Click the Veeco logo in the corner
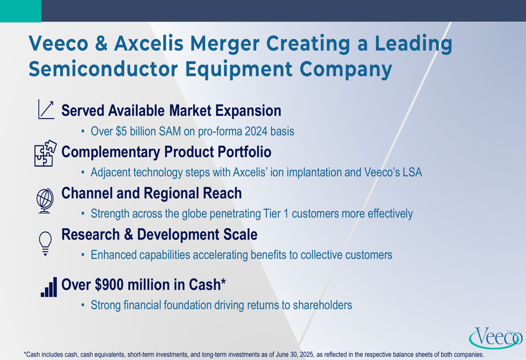point(495,337)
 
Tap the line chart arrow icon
point(46,109)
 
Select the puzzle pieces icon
point(46,153)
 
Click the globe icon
point(45,200)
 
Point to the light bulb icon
point(45,243)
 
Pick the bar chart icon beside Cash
point(48,287)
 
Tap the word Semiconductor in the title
point(103,69)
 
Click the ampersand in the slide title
point(102,44)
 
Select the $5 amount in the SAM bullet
point(121,131)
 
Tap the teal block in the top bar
point(21,11)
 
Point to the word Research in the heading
point(90,234)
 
